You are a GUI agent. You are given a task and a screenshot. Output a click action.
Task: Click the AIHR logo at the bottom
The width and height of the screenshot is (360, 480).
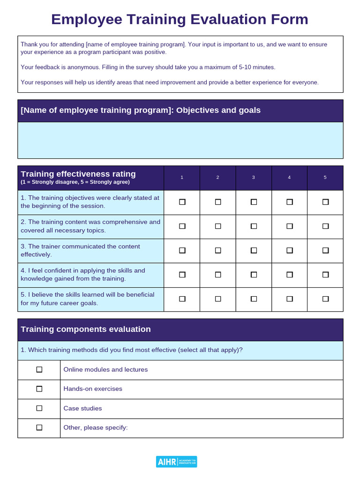[x=176, y=462]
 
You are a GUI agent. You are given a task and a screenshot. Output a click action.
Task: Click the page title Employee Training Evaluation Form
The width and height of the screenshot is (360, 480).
[x=180, y=19]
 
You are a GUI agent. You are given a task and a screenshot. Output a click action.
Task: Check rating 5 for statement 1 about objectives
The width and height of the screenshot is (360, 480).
[x=325, y=202]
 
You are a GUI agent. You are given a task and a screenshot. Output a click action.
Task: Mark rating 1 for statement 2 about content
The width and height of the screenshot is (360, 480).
[x=182, y=226]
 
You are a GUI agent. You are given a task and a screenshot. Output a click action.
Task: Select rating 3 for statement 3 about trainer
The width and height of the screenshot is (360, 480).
[x=254, y=250]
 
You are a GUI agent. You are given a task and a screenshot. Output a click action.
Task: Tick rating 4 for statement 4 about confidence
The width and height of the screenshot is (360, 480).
[x=289, y=275]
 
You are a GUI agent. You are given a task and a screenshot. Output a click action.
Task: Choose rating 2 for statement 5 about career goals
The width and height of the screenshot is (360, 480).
[x=218, y=299]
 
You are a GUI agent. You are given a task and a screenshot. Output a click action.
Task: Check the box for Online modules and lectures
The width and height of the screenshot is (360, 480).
[x=39, y=369]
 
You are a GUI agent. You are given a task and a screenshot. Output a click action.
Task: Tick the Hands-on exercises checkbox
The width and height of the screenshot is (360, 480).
[x=39, y=389]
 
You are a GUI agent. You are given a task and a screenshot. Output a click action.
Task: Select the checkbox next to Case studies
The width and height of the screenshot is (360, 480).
[x=39, y=408]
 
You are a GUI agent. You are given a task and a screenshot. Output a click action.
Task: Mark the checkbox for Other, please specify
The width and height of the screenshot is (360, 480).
[x=39, y=427]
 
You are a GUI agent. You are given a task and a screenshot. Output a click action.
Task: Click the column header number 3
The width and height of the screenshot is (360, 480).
[x=254, y=177]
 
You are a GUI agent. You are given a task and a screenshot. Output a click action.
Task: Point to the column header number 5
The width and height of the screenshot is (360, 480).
[x=325, y=177]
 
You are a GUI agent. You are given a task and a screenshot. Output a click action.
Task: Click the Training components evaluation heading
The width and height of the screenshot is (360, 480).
[x=86, y=329]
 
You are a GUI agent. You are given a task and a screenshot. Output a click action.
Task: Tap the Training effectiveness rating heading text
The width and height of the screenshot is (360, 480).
[x=78, y=174]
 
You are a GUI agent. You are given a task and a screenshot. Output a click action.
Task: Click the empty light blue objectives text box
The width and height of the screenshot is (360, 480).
[x=180, y=140]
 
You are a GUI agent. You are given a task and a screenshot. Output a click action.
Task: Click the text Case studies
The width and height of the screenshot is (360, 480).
[x=82, y=408]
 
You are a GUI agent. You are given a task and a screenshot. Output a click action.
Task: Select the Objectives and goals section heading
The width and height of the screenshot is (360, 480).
[x=141, y=110]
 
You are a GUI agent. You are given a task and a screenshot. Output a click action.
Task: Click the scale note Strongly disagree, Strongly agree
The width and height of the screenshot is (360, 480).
[x=75, y=182]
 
